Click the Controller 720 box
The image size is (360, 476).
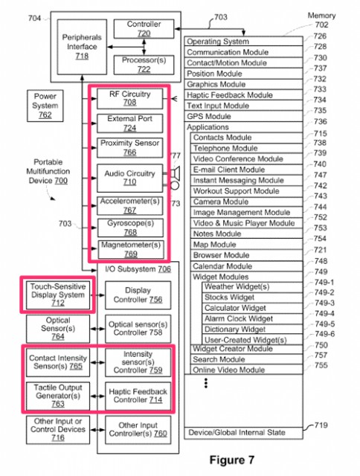coord(144,29)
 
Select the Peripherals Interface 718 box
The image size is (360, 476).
coord(82,47)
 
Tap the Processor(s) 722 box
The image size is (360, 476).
coord(144,65)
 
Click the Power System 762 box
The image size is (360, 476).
coord(45,106)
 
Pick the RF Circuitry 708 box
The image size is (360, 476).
coord(130,98)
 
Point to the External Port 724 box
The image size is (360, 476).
coord(130,123)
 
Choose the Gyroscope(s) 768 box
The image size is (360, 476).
coord(130,228)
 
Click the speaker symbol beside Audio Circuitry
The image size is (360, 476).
coord(175,173)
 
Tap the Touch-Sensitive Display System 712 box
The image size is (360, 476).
coord(58,295)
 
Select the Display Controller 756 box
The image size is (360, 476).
coord(138,295)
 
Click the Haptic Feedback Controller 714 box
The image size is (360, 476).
coord(138,396)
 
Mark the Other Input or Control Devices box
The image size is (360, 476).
coord(58,430)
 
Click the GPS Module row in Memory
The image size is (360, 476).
coord(243,116)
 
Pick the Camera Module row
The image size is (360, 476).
coord(246,202)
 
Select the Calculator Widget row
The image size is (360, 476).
coord(253,308)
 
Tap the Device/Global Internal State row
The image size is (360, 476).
coord(243,433)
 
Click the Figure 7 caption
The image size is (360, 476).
coord(232,460)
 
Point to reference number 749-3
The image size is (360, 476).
coord(324,303)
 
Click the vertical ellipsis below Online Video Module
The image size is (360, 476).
coord(206,383)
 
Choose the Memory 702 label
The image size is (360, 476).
coord(322,20)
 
